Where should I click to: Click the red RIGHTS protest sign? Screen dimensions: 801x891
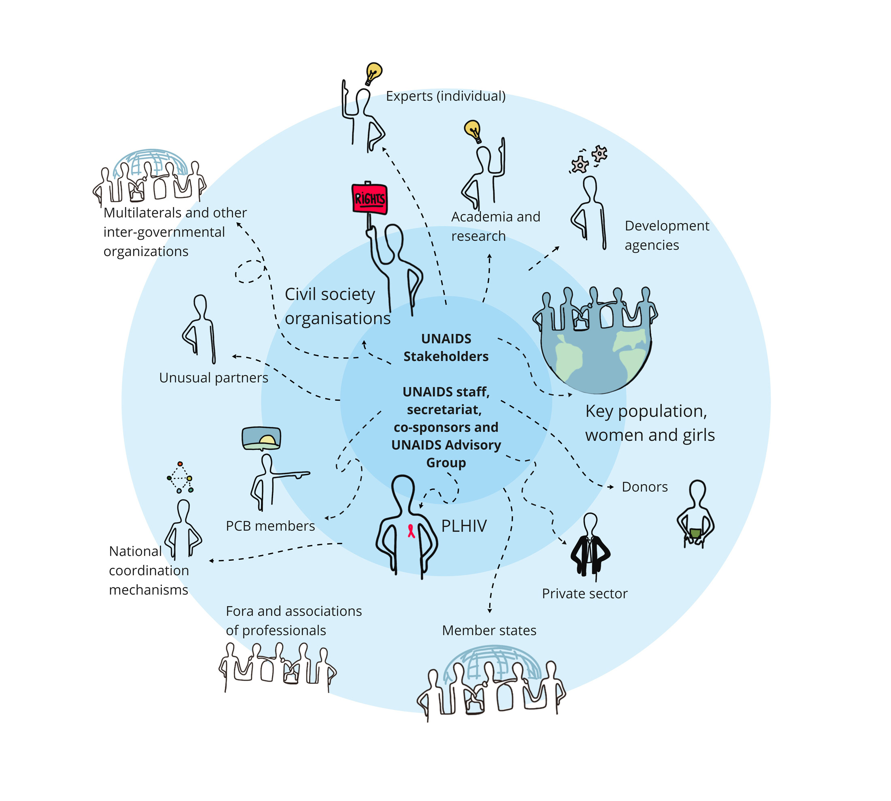[370, 199]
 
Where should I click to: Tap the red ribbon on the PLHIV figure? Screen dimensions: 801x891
[411, 531]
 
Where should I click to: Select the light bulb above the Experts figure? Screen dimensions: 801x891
[373, 72]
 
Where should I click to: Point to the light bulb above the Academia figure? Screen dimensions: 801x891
[473, 130]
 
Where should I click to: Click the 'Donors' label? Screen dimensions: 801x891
[644, 487]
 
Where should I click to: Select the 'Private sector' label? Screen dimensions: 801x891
[584, 593]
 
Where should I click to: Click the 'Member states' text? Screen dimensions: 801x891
[489, 630]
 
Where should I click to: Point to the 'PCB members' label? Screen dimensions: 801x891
[270, 525]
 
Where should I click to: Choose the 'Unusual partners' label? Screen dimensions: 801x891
[213, 378]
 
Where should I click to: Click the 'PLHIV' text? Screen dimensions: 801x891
[464, 525]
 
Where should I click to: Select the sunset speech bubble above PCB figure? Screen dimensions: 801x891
[261, 438]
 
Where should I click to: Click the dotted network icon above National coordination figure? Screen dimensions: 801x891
[180, 477]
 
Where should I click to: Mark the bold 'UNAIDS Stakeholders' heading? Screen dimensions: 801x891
[446, 347]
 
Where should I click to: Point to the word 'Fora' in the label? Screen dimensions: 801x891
[239, 611]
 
